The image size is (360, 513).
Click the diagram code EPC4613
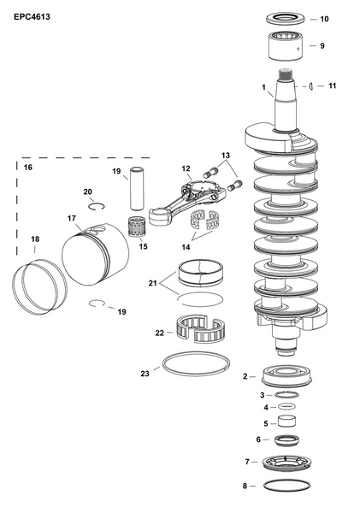(31, 15)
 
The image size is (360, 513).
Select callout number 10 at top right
(323, 18)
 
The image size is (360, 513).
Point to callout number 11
(333, 85)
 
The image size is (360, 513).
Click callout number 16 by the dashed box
(28, 168)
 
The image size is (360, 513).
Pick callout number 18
(35, 239)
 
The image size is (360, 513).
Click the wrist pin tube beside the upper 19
(136, 195)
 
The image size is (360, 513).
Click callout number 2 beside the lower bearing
(245, 375)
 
